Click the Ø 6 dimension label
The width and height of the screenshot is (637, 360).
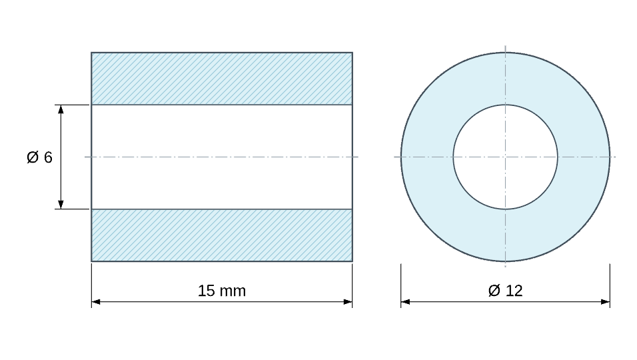coord(39,157)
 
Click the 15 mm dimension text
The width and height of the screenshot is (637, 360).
coord(222,291)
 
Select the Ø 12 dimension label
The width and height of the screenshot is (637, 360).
coord(505,291)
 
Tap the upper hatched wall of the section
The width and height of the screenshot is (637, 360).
coord(222,79)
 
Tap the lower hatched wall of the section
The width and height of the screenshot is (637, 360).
coord(222,235)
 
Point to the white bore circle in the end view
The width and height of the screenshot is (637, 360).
coord(505,157)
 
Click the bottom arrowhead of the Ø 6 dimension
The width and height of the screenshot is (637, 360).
coord(61,205)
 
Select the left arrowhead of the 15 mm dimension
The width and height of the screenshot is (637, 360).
coord(96,302)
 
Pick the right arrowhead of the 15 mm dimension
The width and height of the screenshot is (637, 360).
coord(348,302)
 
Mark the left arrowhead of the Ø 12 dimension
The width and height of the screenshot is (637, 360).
coord(405,302)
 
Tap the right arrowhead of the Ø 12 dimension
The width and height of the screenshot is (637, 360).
coord(605,302)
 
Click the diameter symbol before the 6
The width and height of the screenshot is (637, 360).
coord(33,157)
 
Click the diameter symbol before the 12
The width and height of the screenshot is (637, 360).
coord(494,291)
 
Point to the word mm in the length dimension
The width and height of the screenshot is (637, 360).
coord(233,292)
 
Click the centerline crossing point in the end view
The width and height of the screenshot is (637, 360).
coord(505,157)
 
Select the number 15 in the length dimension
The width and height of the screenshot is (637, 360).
coord(207,291)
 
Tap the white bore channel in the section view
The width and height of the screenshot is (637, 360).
coord(222,157)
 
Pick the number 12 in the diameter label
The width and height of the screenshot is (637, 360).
coord(514,291)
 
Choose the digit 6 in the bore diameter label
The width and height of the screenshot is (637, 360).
coord(48,157)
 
